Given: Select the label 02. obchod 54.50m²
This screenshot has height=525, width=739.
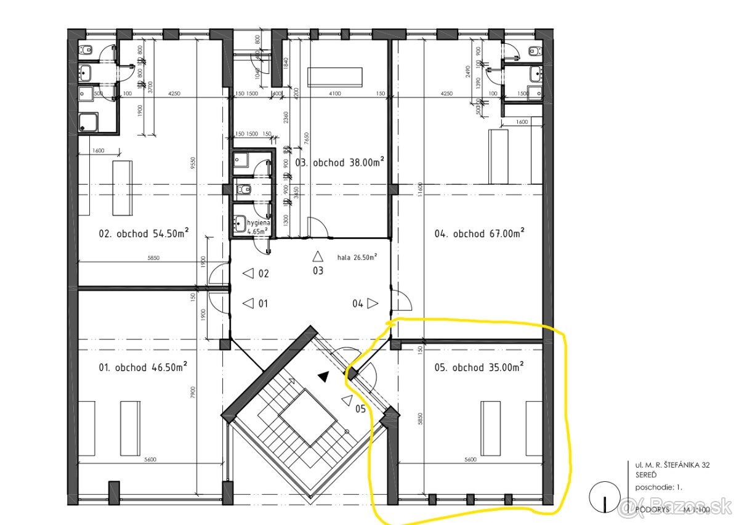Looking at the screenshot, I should click(143, 234).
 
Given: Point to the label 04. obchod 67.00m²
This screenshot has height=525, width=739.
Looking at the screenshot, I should click(479, 234).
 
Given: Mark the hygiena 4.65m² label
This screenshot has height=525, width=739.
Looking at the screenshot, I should click(257, 227).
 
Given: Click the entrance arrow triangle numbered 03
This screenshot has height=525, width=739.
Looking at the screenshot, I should click(318, 256).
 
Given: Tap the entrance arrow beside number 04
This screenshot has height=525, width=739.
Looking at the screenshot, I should click(373, 303).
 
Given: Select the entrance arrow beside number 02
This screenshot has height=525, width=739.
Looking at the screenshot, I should click(248, 273).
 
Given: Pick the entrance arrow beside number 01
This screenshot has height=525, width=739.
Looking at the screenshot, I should click(248, 303).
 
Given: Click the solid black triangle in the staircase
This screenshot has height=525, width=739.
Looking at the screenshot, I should click(323, 376).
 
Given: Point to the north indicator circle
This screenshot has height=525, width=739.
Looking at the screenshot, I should click(604, 497).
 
